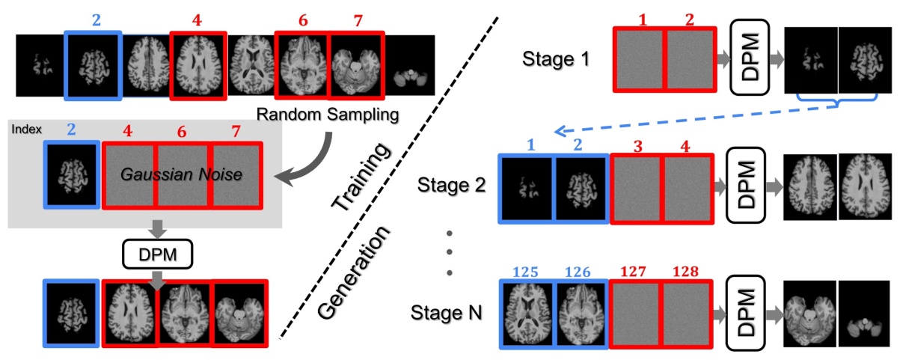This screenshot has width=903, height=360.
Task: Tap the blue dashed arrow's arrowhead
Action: [x=557, y=130]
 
